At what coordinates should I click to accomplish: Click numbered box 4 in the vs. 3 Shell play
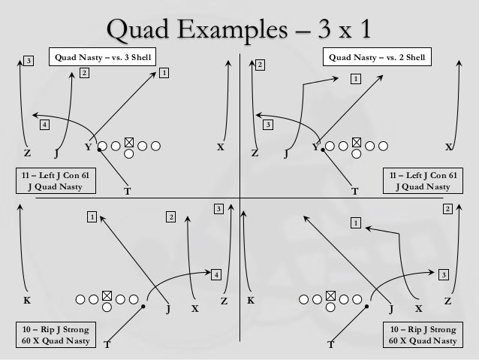44,125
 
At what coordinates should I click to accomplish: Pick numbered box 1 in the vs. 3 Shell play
164,73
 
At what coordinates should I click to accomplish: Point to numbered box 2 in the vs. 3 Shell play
84,73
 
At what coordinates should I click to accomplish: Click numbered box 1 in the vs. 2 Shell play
354,78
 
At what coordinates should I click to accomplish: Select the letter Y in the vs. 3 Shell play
88,147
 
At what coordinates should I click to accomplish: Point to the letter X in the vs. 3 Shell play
220,147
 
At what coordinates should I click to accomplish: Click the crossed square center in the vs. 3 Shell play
129,143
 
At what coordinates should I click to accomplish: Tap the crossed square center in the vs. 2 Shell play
356,143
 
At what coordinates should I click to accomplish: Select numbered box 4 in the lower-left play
215,274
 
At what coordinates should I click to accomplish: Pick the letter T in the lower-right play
331,346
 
